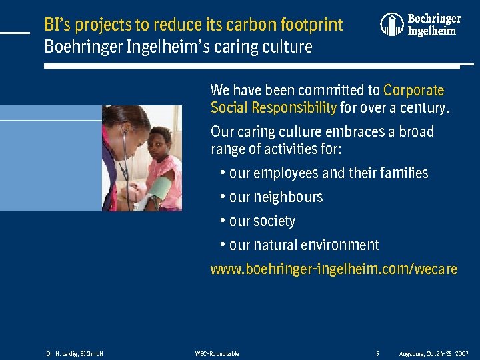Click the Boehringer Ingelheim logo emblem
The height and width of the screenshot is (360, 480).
point(392,25)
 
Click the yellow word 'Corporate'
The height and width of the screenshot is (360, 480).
point(413,90)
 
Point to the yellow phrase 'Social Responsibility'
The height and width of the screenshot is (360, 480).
point(273,107)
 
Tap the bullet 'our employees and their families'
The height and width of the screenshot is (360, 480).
point(328,173)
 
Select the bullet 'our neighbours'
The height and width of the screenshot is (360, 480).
point(275,197)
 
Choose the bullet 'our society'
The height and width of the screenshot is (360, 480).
point(261,221)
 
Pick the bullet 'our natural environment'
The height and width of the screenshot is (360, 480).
point(303,245)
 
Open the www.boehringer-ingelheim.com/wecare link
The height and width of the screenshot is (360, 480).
point(334,269)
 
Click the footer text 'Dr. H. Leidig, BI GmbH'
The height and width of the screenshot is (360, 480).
point(74,353)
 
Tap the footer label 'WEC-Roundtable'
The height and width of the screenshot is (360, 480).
point(217,353)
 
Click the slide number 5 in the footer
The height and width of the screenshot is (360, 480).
point(377,353)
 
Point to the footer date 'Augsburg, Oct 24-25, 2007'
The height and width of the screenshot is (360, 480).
point(433,353)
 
